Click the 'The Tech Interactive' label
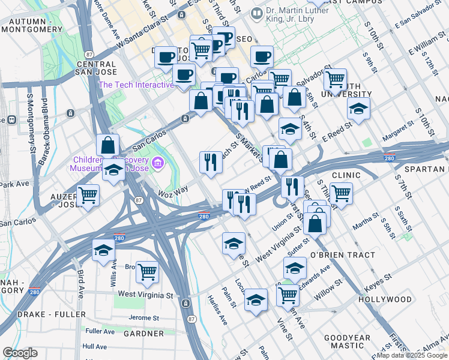point(136,85)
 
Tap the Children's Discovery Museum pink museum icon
point(158,162)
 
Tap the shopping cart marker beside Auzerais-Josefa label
point(88,196)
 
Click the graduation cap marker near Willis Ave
point(104,250)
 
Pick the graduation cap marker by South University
point(358,109)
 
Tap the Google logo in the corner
point(20,353)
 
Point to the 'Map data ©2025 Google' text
point(411,355)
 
